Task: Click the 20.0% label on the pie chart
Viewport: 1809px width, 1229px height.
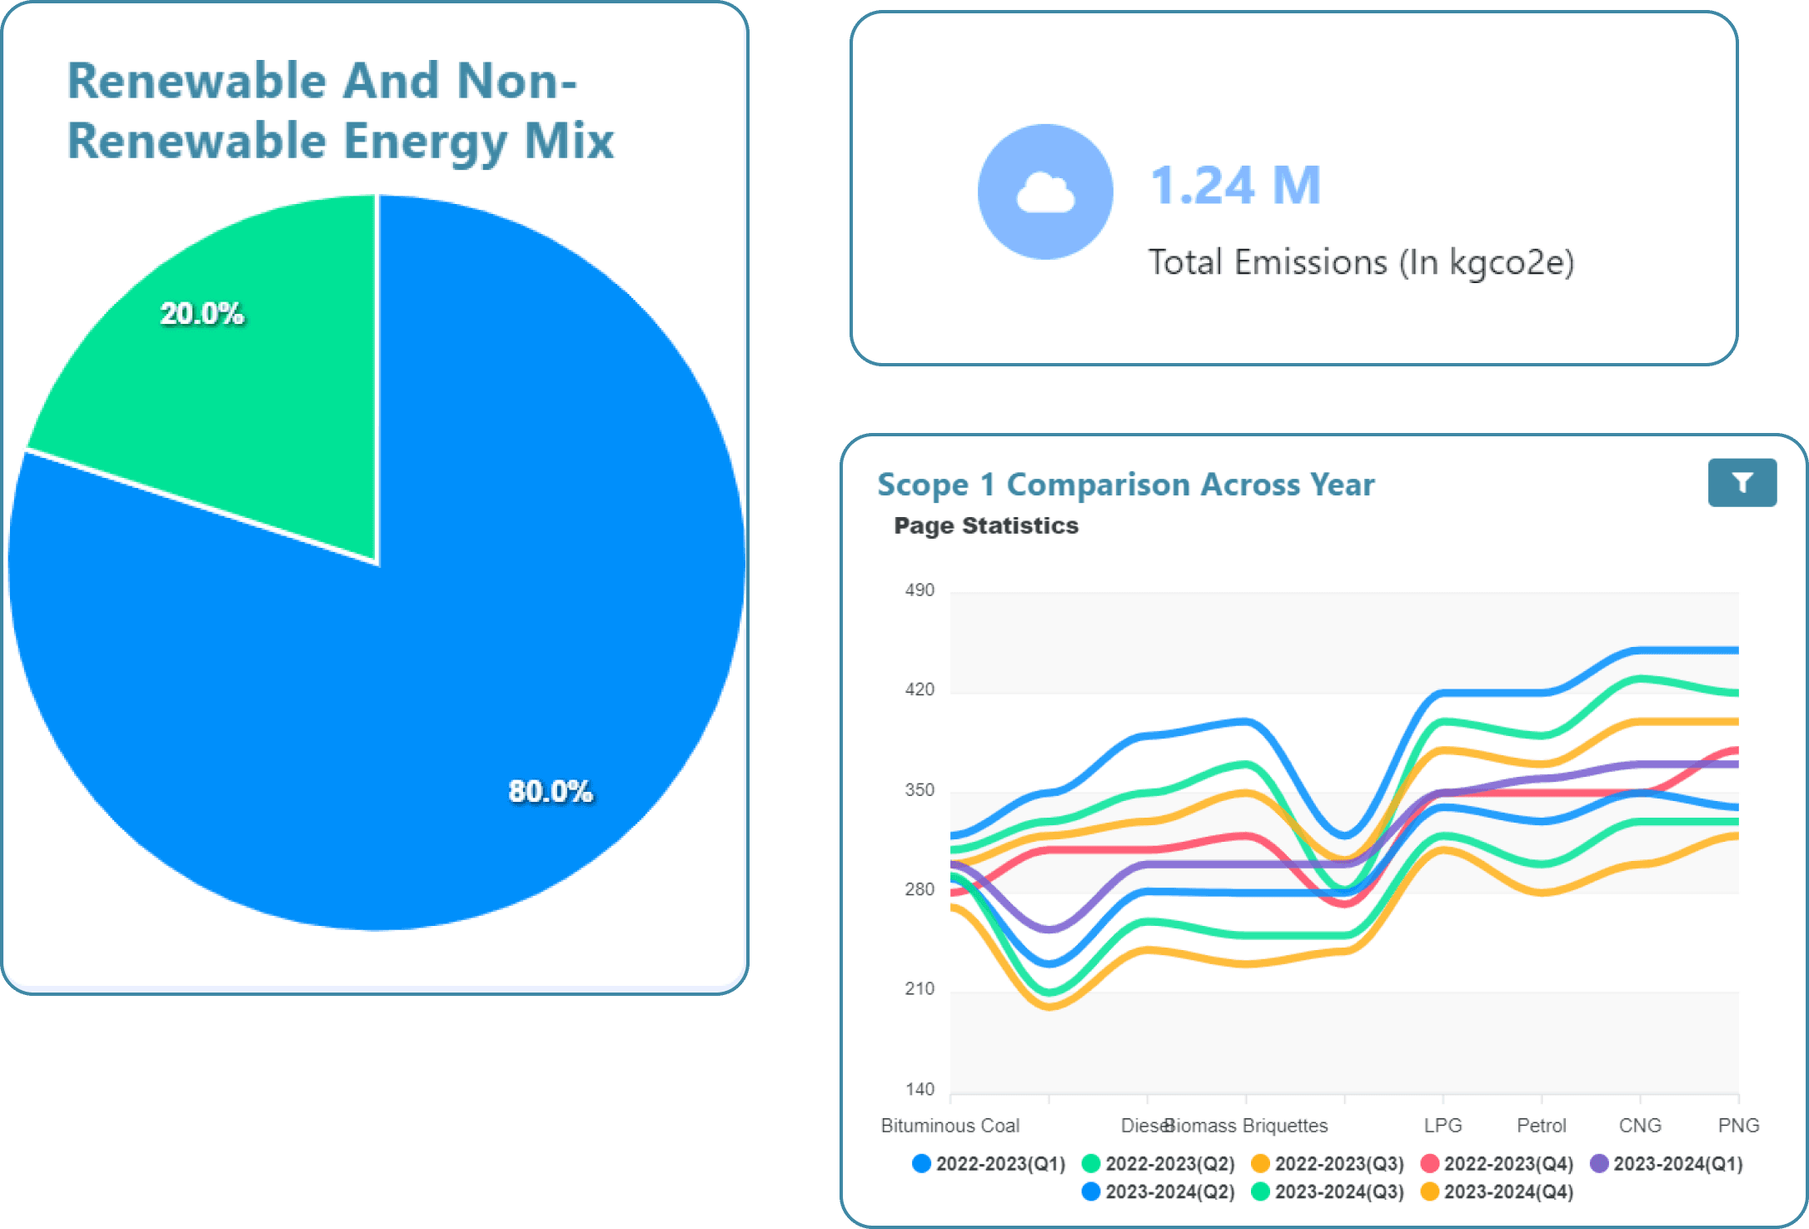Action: tap(202, 314)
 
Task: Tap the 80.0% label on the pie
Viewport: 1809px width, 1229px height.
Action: tap(551, 791)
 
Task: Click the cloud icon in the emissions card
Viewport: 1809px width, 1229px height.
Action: tap(1045, 192)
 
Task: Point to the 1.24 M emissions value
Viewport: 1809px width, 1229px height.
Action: tap(1235, 185)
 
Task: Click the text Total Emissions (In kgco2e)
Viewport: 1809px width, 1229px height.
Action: tap(1361, 262)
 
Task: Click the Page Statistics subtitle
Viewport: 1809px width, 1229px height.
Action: tap(986, 525)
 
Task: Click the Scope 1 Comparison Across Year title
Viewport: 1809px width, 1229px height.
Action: tap(1125, 485)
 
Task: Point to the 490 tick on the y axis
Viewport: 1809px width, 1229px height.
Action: tap(919, 590)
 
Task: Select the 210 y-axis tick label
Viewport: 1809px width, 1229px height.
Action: tap(919, 989)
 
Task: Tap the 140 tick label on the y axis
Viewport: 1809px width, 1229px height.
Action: tap(919, 1089)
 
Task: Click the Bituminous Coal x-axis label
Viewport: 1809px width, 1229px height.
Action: tap(949, 1126)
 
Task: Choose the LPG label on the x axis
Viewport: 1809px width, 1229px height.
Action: tap(1443, 1126)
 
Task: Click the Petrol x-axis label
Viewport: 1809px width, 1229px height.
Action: tap(1541, 1126)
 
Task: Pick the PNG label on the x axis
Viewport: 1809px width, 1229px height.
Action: tap(1738, 1126)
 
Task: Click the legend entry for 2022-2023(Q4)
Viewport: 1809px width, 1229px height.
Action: tap(1497, 1164)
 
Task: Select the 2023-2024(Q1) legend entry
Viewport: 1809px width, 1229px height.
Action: tap(1667, 1164)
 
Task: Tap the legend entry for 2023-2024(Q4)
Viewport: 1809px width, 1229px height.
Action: tap(1497, 1192)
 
